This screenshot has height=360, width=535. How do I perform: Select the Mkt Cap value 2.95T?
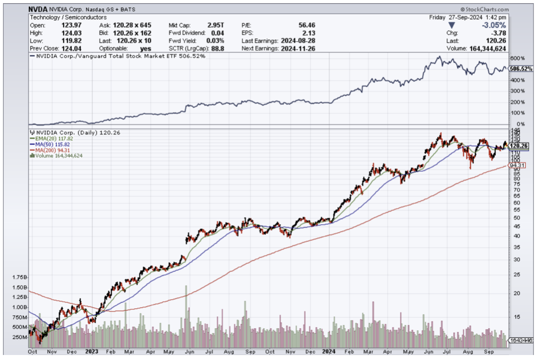216,25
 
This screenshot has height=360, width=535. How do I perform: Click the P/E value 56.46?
306,25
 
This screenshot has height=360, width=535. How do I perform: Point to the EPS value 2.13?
309,33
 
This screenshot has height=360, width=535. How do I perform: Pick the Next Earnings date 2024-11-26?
298,48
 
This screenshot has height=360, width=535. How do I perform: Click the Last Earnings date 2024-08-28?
298,40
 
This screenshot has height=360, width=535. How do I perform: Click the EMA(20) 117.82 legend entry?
47,139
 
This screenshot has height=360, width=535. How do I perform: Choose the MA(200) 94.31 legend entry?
47,150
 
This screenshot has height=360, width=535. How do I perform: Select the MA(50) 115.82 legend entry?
47,144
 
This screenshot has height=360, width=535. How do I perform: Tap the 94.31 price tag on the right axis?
518,165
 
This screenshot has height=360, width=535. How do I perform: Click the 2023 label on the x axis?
91,351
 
